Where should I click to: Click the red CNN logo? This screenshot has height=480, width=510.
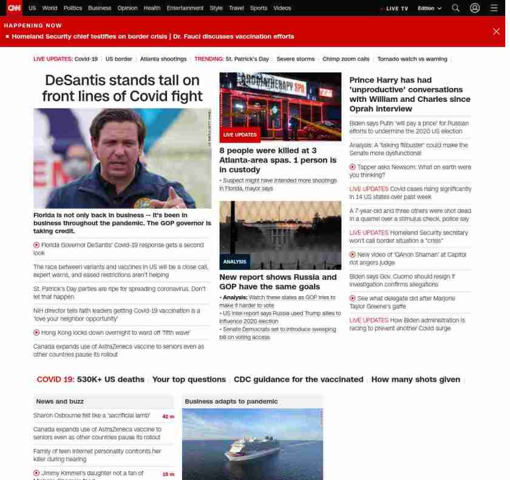pyautogui.click(x=14, y=8)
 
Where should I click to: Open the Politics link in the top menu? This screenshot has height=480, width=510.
pyautogui.click(x=73, y=8)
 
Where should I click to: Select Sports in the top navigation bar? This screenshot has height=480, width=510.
pyautogui.click(x=259, y=8)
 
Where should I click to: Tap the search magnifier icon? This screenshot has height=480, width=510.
pyautogui.click(x=456, y=8)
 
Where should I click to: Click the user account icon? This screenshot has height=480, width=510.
pyautogui.click(x=475, y=8)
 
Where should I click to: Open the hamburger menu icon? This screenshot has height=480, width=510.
pyautogui.click(x=494, y=8)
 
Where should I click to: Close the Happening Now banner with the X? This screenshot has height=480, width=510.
pyautogui.click(x=496, y=32)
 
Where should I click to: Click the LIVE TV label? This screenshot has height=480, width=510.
pyautogui.click(x=396, y=8)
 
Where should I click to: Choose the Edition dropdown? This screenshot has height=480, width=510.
pyautogui.click(x=429, y=8)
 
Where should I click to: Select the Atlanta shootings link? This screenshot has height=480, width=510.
pyautogui.click(x=163, y=59)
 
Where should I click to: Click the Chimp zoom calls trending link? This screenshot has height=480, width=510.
pyautogui.click(x=346, y=59)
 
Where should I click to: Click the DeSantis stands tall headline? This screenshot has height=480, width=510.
pyautogui.click(x=122, y=88)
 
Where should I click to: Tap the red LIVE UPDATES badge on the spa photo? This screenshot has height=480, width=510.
pyautogui.click(x=240, y=135)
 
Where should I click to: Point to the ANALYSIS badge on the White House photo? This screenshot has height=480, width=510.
pyautogui.click(x=234, y=262)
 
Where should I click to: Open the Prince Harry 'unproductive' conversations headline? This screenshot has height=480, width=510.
pyautogui.click(x=410, y=94)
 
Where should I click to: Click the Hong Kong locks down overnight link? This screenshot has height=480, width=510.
pyautogui.click(x=115, y=333)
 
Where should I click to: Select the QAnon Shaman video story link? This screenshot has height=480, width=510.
pyautogui.click(x=412, y=255)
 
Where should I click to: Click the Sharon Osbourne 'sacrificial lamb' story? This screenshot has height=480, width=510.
pyautogui.click(x=92, y=416)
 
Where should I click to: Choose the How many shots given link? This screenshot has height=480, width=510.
pyautogui.click(x=415, y=379)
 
